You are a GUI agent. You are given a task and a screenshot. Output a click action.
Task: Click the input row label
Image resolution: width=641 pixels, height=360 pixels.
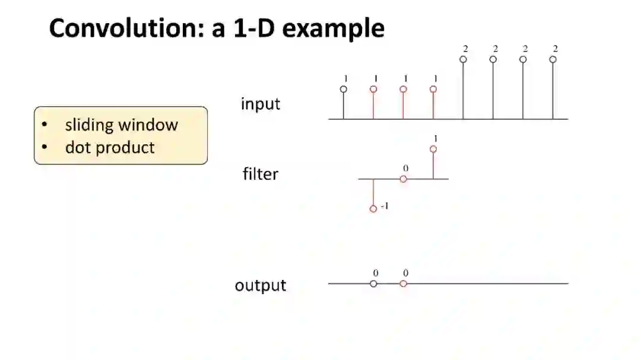261,104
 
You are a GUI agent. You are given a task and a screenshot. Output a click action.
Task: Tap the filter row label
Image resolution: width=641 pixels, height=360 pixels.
261,174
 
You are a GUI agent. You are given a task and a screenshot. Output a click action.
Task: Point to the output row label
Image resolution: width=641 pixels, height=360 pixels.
261,285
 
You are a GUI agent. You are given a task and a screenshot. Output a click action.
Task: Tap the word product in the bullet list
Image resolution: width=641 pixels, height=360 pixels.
127,148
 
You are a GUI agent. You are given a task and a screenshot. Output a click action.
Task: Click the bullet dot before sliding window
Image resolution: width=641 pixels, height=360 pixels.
45,125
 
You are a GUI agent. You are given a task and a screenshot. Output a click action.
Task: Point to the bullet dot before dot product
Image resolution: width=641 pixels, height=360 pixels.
45,148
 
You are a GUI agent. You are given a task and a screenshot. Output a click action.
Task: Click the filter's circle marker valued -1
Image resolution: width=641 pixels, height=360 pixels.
373,209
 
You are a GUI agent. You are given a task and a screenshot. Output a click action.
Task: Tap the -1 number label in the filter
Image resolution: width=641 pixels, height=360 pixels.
384,206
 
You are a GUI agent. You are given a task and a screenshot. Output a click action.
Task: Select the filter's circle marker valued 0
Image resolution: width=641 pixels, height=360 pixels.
404,179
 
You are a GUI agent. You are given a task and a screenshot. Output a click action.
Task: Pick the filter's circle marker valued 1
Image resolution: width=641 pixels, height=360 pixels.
433,149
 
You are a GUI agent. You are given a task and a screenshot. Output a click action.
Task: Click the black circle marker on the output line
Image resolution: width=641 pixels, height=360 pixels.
373,283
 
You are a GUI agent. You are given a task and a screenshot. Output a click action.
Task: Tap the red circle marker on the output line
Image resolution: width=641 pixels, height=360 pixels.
404,283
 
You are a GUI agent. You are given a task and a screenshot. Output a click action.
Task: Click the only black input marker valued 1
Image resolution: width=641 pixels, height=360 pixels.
344,89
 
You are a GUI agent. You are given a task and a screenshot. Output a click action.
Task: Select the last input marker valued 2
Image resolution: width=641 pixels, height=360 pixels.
553,59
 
